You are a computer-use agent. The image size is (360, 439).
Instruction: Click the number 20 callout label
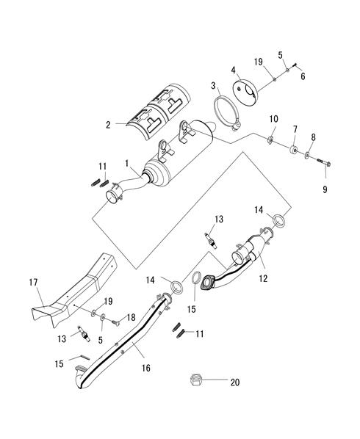235,382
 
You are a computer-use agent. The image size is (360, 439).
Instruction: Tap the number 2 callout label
108,125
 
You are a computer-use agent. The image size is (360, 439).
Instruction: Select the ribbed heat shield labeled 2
158,112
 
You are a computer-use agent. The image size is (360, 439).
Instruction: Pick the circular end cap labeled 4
245,93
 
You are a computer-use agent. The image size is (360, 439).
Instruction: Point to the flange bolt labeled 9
324,162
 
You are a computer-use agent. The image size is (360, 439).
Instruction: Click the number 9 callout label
325,189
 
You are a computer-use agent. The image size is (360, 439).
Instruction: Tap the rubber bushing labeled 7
294,149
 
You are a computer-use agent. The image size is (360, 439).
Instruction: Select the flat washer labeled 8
307,155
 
